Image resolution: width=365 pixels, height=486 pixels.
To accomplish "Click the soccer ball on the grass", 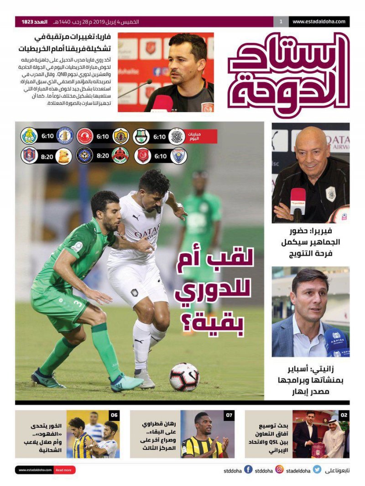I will [x=184, y=377].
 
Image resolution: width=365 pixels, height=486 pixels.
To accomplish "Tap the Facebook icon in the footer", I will [x=248, y=470].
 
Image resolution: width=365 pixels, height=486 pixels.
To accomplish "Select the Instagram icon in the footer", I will [x=279, y=470].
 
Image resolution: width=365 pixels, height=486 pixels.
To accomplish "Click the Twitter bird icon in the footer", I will [x=317, y=470].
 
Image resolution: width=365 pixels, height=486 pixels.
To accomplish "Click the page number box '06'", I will [x=114, y=415].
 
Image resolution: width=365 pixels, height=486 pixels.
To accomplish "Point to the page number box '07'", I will [x=229, y=415].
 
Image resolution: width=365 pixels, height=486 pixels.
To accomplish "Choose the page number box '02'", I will [x=344, y=415].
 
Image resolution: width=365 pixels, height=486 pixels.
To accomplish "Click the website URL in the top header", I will [x=319, y=21].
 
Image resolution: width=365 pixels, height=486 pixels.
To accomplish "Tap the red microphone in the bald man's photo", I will [x=298, y=201].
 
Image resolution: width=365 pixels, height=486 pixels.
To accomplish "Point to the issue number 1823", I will [x=28, y=22].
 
